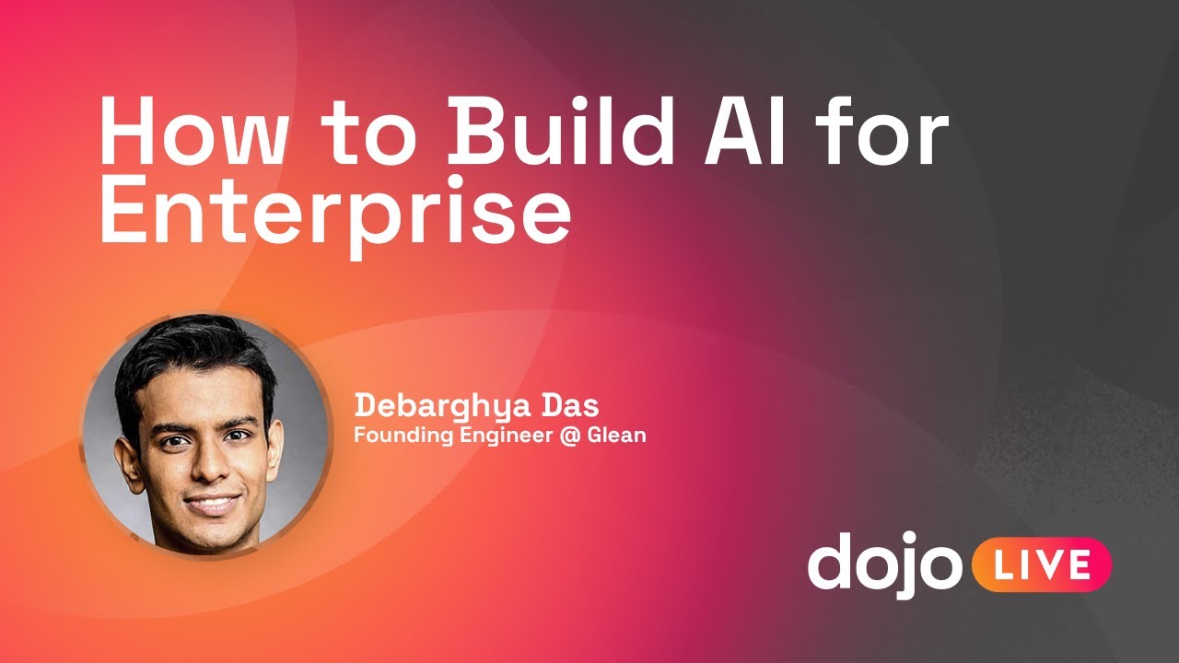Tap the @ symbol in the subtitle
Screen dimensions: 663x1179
point(570,435)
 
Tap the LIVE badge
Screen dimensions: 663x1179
point(1042,564)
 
